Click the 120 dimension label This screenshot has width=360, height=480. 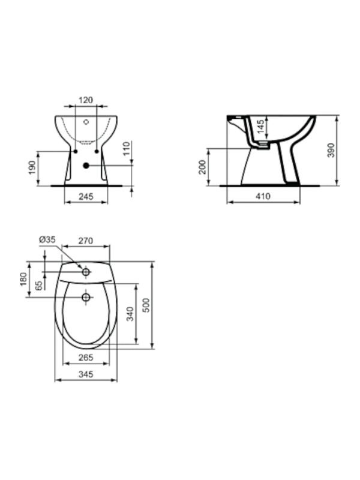click(86, 100)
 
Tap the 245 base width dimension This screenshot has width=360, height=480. click(86, 197)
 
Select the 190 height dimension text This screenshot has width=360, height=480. click(32, 168)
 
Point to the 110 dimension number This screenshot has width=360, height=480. click(127, 148)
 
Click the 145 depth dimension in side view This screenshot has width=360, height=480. click(260, 127)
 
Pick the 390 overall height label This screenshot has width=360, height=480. click(331, 151)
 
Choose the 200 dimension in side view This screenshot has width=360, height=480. click(203, 167)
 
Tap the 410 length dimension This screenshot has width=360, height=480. click(263, 196)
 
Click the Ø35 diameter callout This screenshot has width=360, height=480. click(47, 239)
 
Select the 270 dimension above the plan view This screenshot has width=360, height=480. click(86, 241)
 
